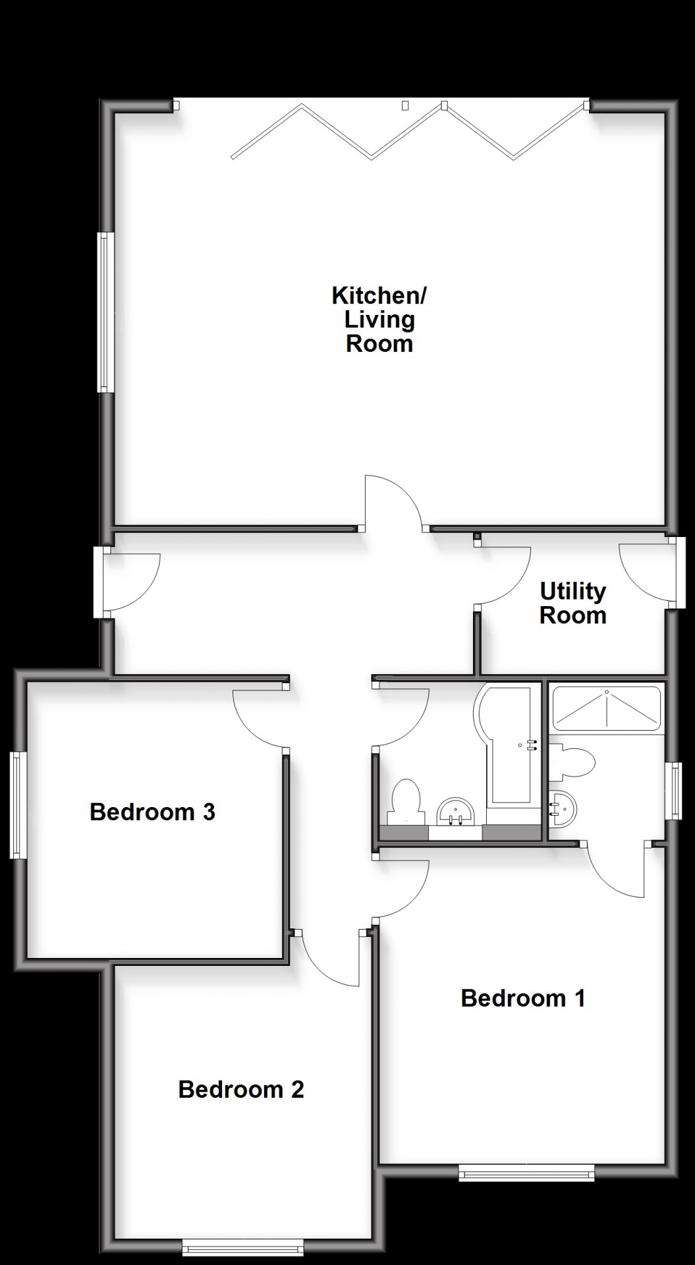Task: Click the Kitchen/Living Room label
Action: coord(379,320)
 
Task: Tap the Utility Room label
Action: coord(572,604)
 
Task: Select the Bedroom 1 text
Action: coord(523,998)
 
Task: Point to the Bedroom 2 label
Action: coord(241,1089)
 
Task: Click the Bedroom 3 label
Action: coord(152,812)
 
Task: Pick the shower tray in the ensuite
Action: coord(606,709)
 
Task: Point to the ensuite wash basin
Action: coord(562,808)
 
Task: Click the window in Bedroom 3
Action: coord(18,806)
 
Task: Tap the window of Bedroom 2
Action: coord(242,1247)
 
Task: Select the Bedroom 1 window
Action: coord(526,1172)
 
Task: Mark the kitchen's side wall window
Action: coord(105,312)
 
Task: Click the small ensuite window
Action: coord(673,791)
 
